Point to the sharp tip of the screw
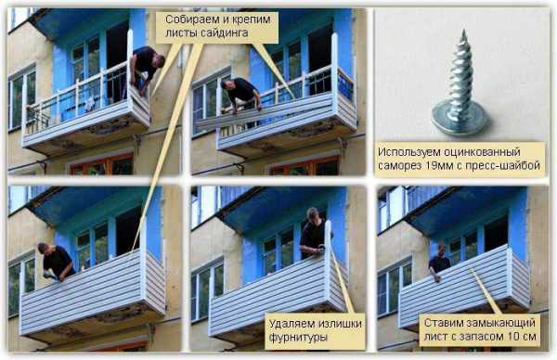click(x=463, y=32)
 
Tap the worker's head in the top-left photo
click(x=159, y=60)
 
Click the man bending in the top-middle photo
click(x=241, y=98)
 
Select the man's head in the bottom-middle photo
click(x=313, y=214)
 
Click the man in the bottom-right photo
click(x=439, y=262)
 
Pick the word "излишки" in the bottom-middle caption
click(x=340, y=324)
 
